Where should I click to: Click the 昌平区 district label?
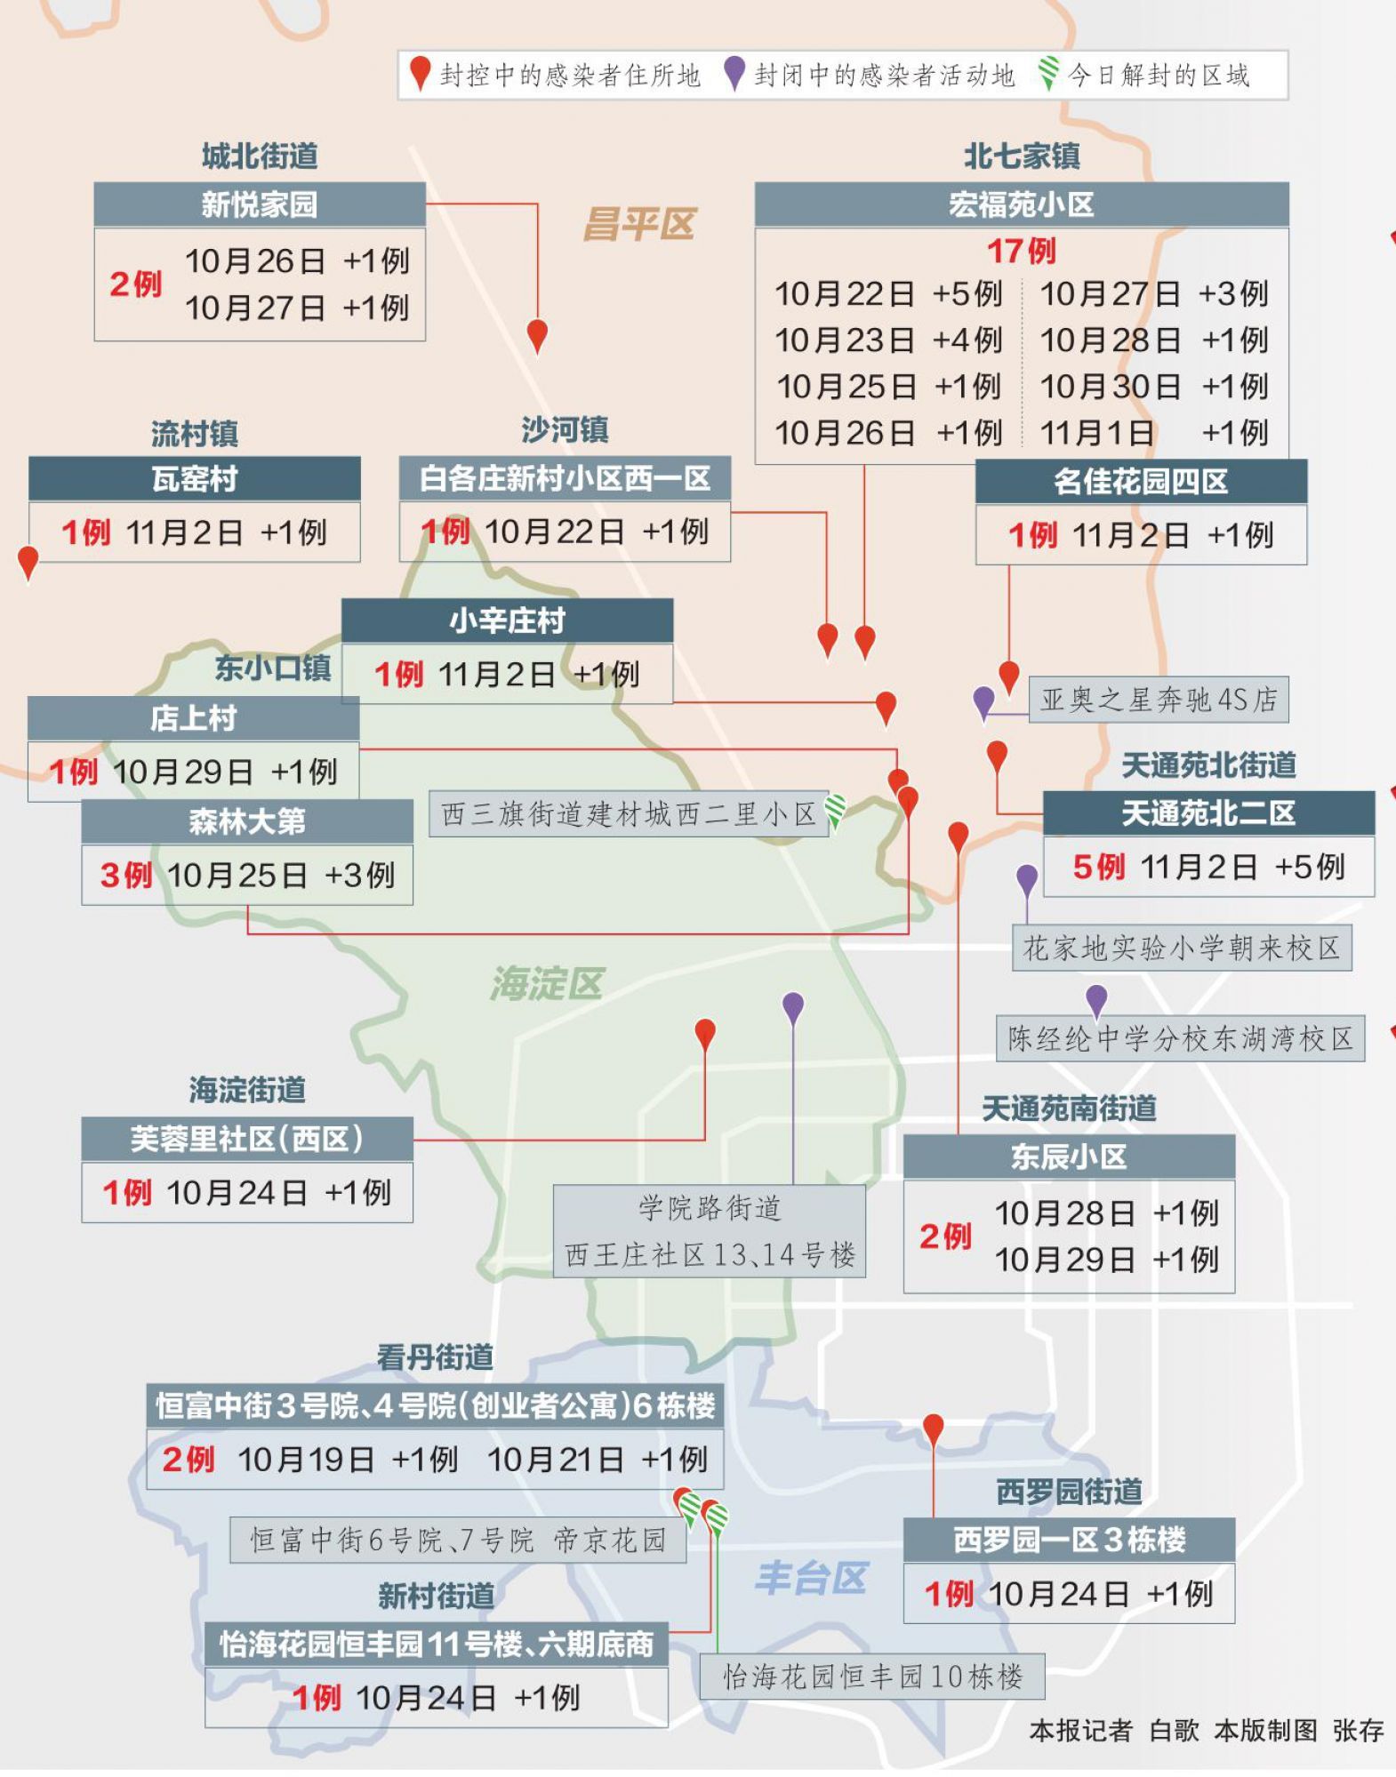tap(638, 224)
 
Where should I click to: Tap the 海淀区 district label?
tap(547, 983)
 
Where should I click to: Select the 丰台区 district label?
tap(810, 1578)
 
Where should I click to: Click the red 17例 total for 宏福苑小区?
tap(1021, 251)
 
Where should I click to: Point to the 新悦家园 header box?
tap(259, 204)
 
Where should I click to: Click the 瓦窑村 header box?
tap(194, 479)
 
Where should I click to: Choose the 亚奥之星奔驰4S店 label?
tap(1158, 700)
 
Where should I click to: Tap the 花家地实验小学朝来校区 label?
tap(1181, 949)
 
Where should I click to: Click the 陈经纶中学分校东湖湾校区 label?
tap(1180, 1038)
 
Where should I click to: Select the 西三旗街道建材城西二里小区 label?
tap(628, 813)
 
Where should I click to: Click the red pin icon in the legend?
tap(420, 74)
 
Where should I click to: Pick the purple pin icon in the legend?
tap(734, 74)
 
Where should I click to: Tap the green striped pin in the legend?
tap(1048, 74)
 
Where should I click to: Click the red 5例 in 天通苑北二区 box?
tap(1098, 867)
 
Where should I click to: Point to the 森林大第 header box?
tap(246, 821)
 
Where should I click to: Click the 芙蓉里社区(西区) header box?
tap(246, 1139)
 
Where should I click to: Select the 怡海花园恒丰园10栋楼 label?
tap(871, 1677)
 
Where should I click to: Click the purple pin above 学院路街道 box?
tap(793, 1007)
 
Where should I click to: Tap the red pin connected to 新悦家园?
tap(537, 335)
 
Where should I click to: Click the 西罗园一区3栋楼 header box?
tap(1069, 1540)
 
